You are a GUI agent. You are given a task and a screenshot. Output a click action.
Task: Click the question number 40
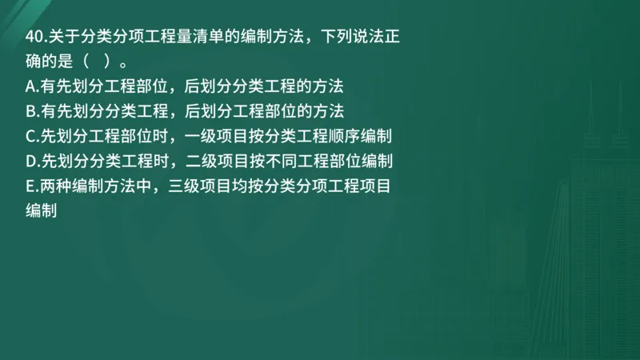click(34, 36)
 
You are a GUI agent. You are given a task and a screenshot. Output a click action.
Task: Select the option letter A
click(31, 86)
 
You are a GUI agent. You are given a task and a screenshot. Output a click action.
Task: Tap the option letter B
click(31, 110)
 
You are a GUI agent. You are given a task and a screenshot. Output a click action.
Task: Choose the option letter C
click(31, 136)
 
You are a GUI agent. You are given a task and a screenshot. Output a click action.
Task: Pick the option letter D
click(31, 162)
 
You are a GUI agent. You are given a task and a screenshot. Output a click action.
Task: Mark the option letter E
click(30, 187)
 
